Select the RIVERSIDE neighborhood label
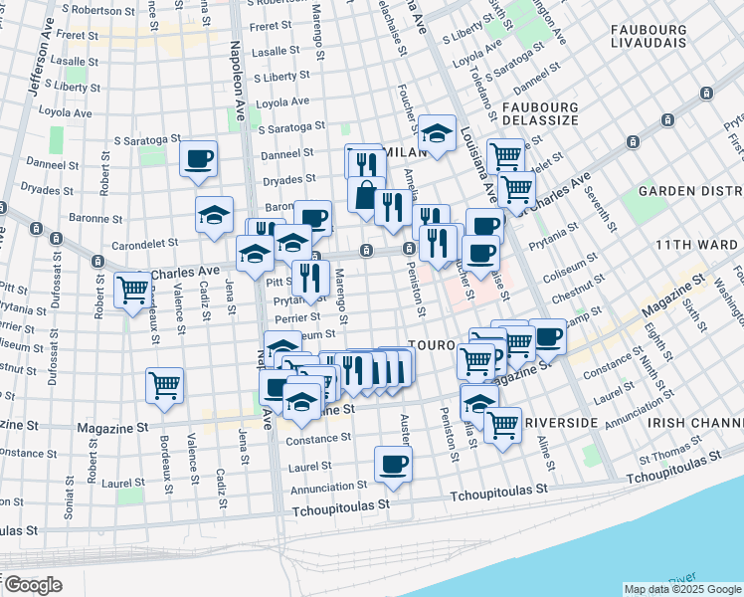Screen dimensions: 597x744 561,423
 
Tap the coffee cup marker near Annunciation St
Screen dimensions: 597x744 394,465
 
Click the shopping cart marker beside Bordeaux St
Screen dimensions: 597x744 165,385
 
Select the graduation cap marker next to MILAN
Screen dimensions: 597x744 437,132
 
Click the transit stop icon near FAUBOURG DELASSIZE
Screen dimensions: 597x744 706,94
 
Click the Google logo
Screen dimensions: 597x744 33,585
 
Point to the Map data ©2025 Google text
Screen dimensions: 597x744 681,589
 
